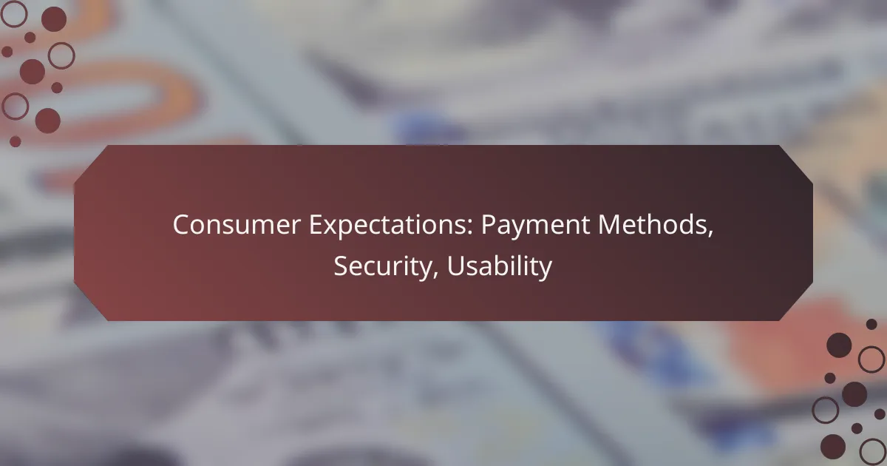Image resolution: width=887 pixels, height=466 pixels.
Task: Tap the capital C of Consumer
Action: [x=180, y=226]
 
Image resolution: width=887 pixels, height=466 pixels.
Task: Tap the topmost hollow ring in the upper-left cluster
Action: [x=15, y=13]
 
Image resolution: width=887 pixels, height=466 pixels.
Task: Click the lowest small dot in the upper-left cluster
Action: [x=16, y=141]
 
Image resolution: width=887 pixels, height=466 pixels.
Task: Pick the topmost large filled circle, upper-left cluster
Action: [x=53, y=19]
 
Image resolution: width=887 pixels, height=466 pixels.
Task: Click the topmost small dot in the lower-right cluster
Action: [x=871, y=324]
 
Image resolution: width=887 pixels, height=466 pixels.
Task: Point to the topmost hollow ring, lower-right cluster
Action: [x=871, y=359]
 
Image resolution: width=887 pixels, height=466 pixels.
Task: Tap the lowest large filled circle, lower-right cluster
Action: [x=833, y=445]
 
